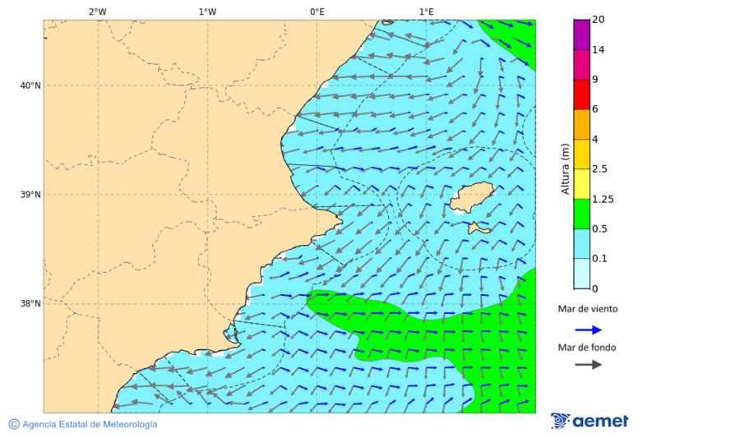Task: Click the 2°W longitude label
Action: click(x=97, y=12)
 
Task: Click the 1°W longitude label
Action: click(x=207, y=12)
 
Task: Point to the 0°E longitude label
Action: click(x=317, y=12)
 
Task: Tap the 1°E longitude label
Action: click(x=426, y=12)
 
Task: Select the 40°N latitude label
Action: click(x=30, y=85)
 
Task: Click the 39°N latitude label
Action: click(x=30, y=195)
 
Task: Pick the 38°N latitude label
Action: click(x=30, y=303)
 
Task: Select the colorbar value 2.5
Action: click(x=599, y=169)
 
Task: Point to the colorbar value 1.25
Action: click(x=602, y=199)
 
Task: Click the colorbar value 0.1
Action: click(x=599, y=258)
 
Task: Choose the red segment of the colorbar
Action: click(x=581, y=95)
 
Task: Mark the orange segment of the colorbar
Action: click(x=581, y=124)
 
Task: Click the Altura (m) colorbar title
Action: click(x=565, y=168)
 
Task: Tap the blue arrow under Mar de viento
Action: click(x=588, y=330)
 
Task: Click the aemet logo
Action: click(x=590, y=421)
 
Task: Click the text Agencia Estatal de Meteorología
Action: click(x=89, y=424)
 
